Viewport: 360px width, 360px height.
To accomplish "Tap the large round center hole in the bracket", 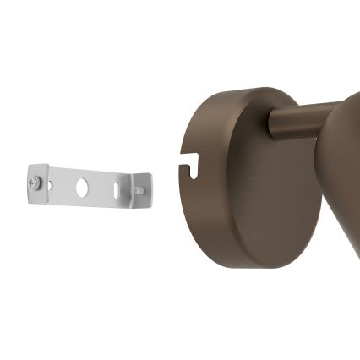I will point(82,188).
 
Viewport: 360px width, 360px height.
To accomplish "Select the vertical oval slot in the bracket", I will point(117,189).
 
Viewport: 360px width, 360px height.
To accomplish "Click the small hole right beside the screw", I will point(50,183).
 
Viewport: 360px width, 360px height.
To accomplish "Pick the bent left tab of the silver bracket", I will point(35,182).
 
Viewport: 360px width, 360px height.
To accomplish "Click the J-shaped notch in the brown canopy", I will point(193,161).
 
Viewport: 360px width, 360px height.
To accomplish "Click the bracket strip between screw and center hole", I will point(64,185).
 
